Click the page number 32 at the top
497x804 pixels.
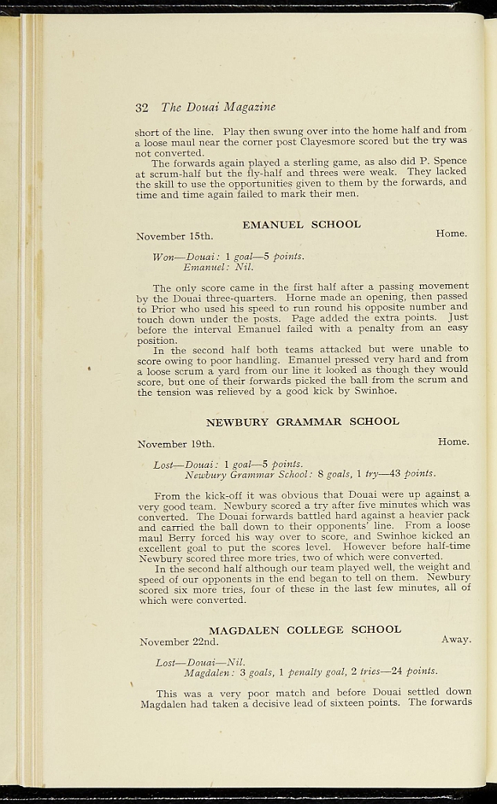[x=142, y=107]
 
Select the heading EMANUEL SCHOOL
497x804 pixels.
[x=301, y=225]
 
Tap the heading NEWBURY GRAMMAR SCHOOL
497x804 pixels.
[x=302, y=422]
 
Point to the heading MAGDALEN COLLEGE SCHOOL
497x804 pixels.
[x=305, y=630]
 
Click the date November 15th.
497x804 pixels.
[x=174, y=236]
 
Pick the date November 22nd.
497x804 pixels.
[x=178, y=642]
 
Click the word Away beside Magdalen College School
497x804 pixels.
[x=455, y=640]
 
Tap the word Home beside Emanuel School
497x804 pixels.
[x=451, y=233]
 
